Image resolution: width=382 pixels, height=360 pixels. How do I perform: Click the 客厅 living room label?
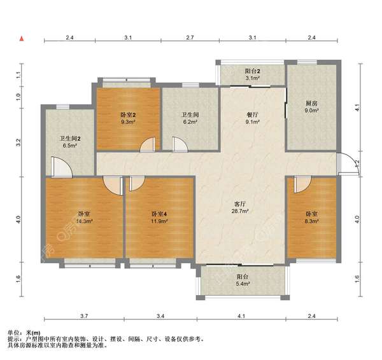(239, 205)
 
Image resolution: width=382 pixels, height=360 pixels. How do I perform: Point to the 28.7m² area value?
(239, 212)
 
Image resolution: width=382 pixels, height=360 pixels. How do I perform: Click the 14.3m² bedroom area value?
(85, 222)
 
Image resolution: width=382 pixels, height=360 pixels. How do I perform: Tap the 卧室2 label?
(129, 115)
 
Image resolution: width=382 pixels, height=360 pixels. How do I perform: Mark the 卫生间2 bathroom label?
(69, 138)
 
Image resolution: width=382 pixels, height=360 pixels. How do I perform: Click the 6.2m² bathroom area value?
(190, 122)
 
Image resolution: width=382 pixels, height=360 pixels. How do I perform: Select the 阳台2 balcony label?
(253, 72)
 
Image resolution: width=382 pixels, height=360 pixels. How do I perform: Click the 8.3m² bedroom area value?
(311, 222)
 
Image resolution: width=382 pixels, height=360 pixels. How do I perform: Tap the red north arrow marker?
(22, 39)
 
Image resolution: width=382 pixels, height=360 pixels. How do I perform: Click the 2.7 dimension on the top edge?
(190, 38)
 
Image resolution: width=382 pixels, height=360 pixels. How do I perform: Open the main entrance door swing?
(346, 165)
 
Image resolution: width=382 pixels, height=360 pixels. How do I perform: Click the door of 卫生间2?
(62, 166)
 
